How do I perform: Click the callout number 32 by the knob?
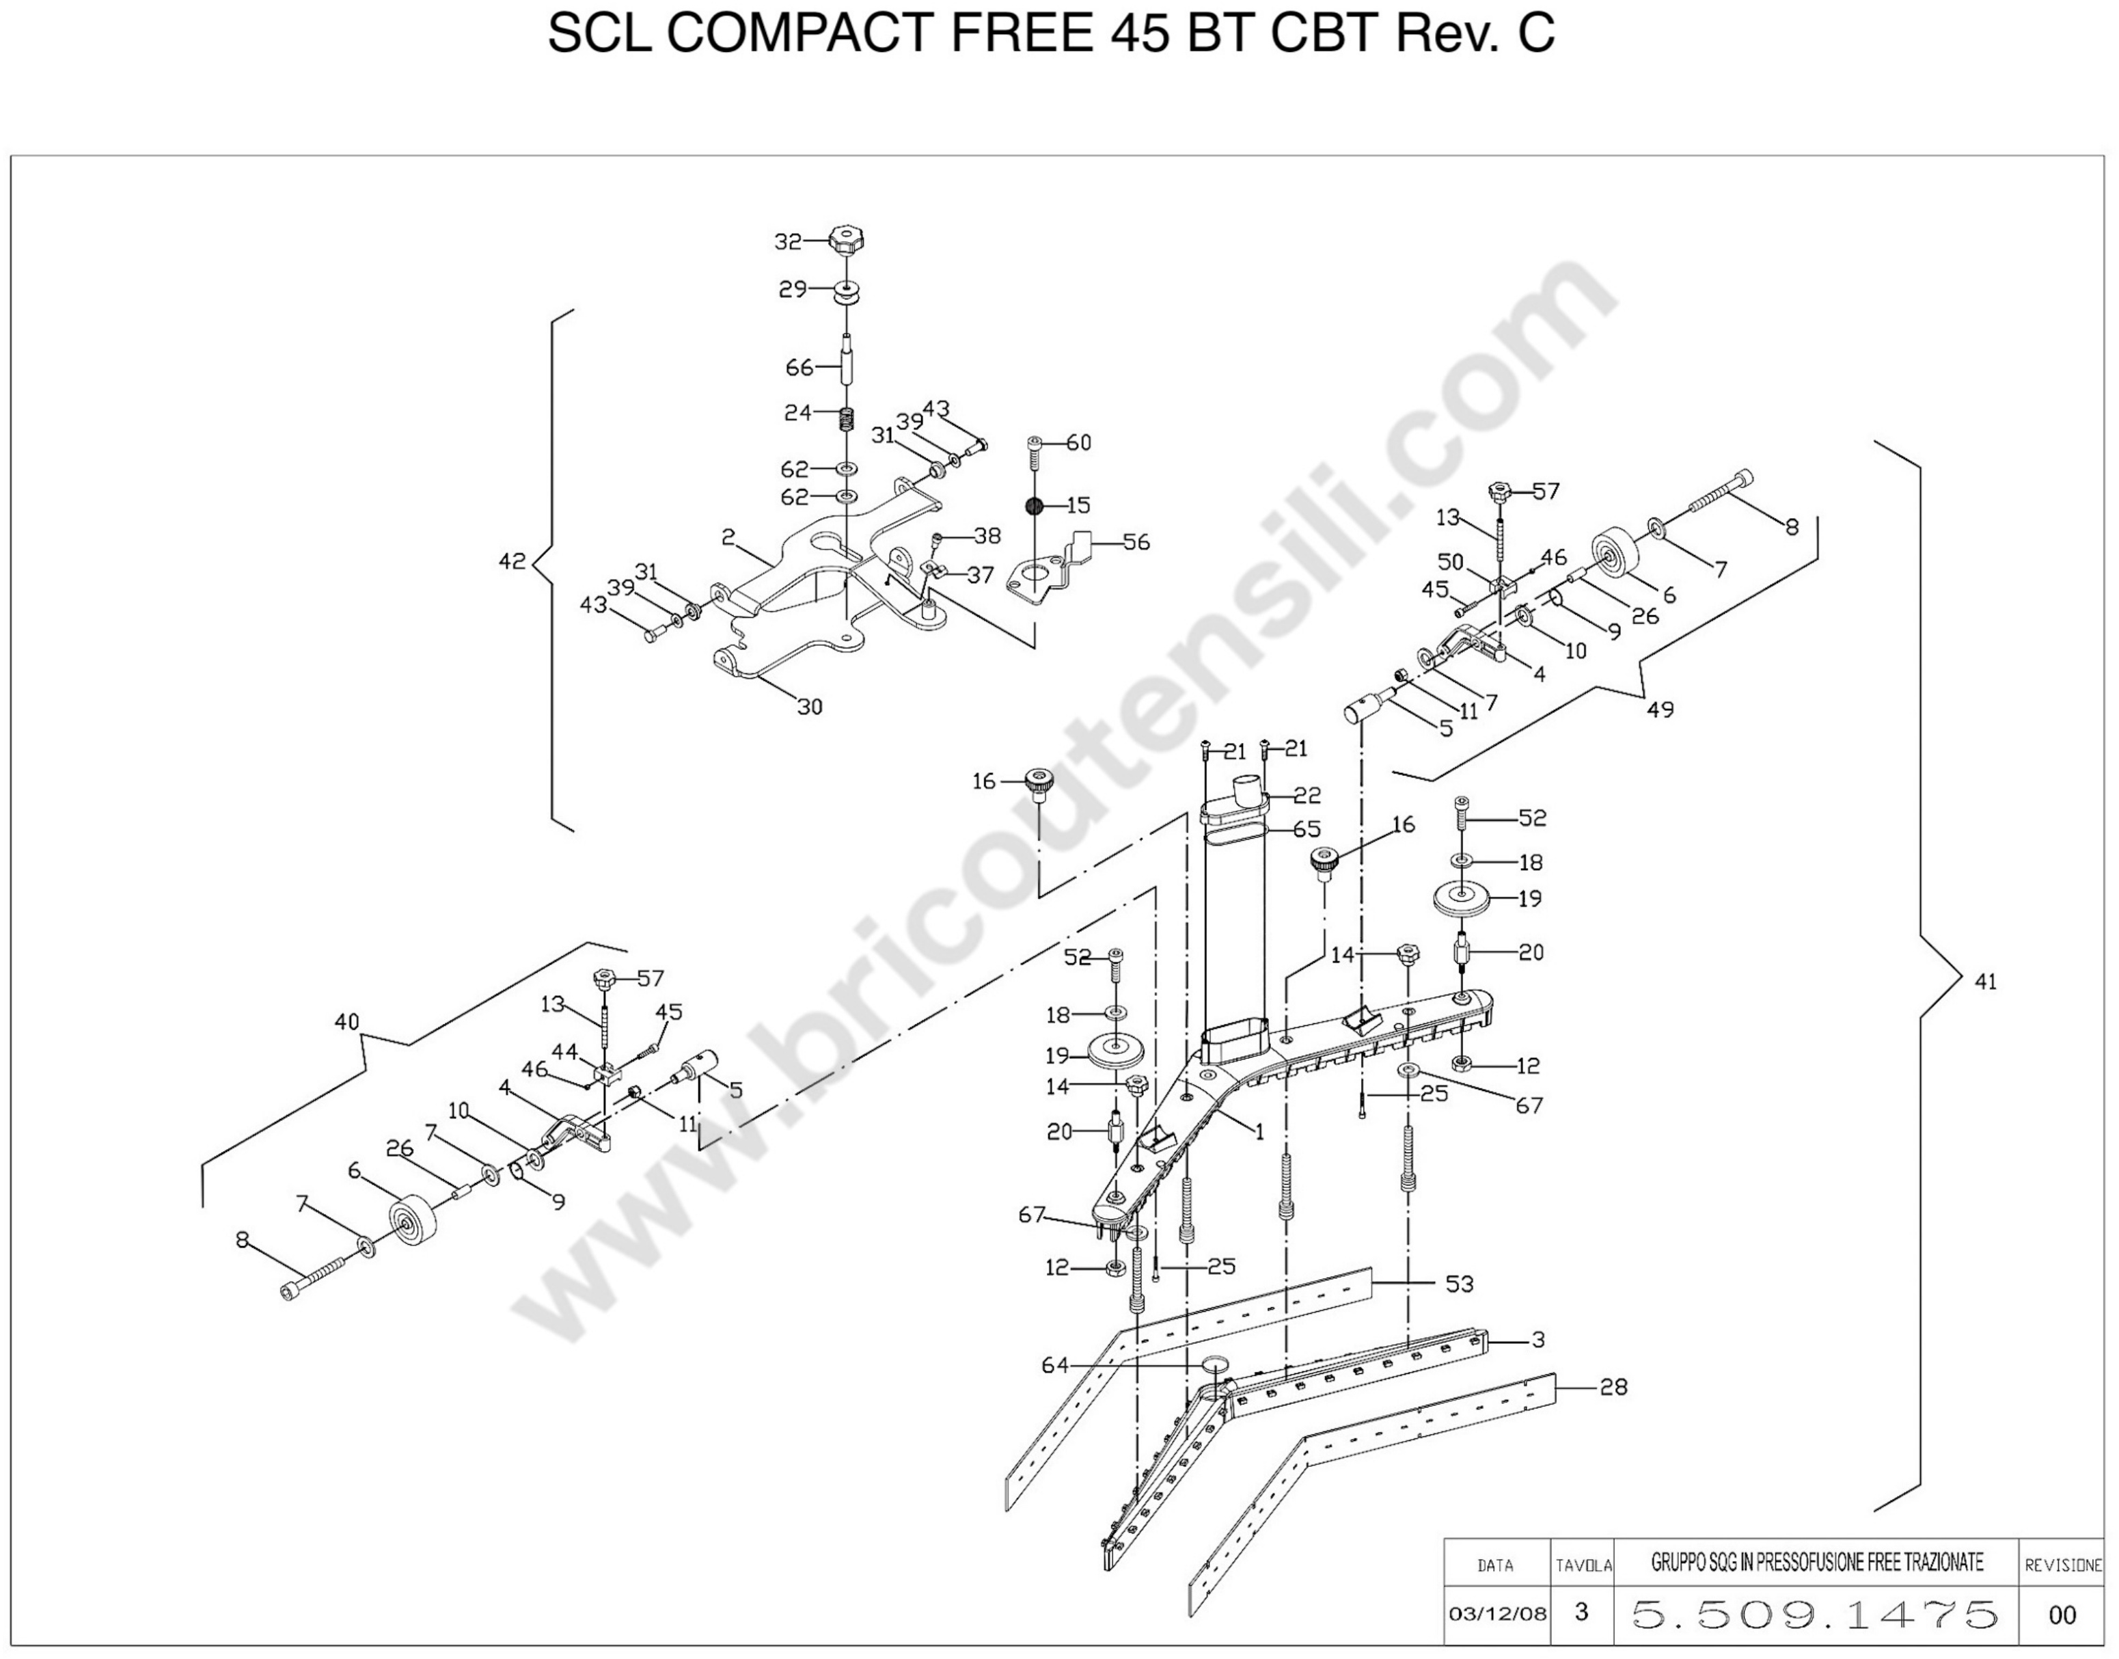pos(788,242)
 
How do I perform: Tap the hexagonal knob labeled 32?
pos(847,241)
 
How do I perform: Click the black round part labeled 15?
pos(1035,505)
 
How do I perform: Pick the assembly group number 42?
pos(512,561)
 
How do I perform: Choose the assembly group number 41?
pos(1986,982)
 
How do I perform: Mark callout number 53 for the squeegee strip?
pos(1460,1284)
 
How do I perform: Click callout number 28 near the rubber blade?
pos(1613,1387)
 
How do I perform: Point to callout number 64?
pos(1054,1366)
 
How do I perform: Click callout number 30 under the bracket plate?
pos(810,707)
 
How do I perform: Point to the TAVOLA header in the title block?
pos(1584,1566)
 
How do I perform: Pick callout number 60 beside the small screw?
pos(1079,443)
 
